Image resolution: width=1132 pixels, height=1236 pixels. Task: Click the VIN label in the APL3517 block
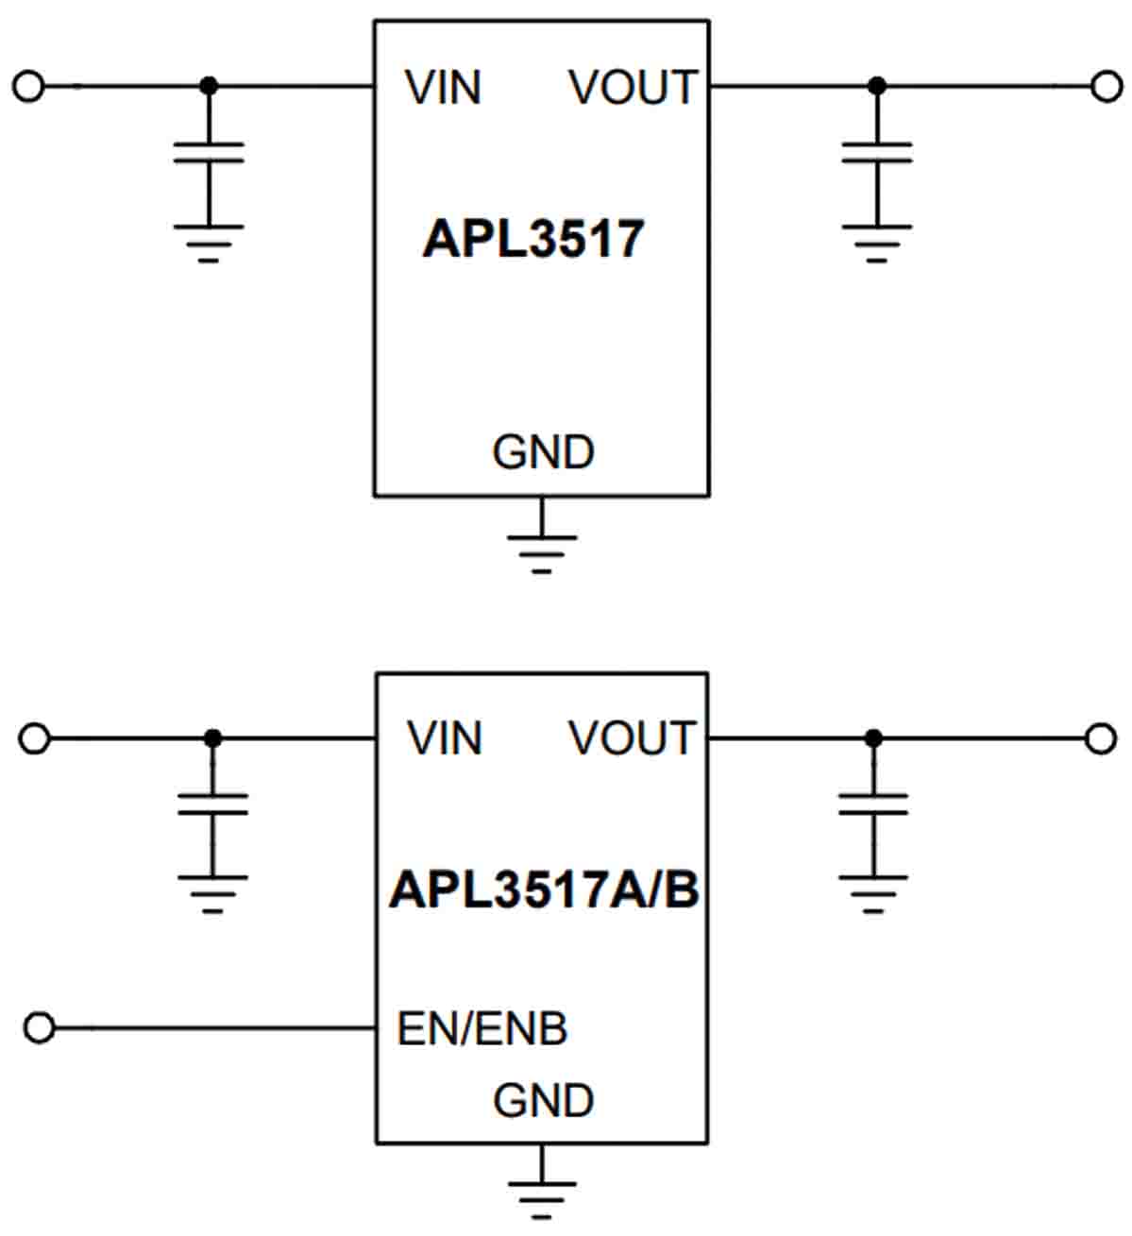coord(443,88)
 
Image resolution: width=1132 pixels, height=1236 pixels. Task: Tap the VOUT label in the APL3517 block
coord(633,88)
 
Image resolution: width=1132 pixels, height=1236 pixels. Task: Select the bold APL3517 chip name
coord(533,239)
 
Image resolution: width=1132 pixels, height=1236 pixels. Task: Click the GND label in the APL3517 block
coord(543,452)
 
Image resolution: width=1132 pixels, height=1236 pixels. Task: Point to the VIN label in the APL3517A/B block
coord(444,738)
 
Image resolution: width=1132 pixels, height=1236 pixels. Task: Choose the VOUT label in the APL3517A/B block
coord(632,738)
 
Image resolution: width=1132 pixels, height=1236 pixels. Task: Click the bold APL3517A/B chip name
coord(544,889)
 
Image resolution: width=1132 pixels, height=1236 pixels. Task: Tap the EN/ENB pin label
coord(482,1028)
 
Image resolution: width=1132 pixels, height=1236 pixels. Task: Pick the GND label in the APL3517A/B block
coord(543,1101)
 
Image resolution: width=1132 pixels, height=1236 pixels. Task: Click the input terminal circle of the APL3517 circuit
coord(28,87)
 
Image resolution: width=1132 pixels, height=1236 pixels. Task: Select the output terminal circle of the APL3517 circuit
coord(1107,87)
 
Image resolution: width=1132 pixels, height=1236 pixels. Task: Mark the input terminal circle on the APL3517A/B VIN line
coord(34,738)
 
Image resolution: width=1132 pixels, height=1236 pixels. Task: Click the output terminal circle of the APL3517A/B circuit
coord(1101,738)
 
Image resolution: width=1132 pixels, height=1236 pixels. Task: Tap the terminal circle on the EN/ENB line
coord(39,1027)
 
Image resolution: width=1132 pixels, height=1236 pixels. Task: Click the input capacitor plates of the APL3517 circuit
coord(209,153)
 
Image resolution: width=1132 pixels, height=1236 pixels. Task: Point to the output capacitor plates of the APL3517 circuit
coord(877,153)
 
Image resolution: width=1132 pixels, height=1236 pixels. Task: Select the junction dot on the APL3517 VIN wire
coord(209,87)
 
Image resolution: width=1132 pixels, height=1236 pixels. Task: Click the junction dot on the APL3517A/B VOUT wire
coord(873,738)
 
